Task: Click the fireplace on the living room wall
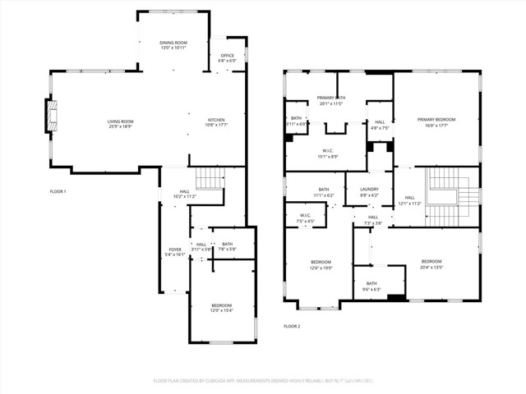50,115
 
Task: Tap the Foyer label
175,252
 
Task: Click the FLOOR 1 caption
58,191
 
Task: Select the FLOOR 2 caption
292,326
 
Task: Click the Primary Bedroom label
436,122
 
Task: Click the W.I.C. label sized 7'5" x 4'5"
305,218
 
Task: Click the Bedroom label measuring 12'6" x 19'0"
321,264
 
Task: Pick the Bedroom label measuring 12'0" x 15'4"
222,308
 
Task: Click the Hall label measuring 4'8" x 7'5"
379,126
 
